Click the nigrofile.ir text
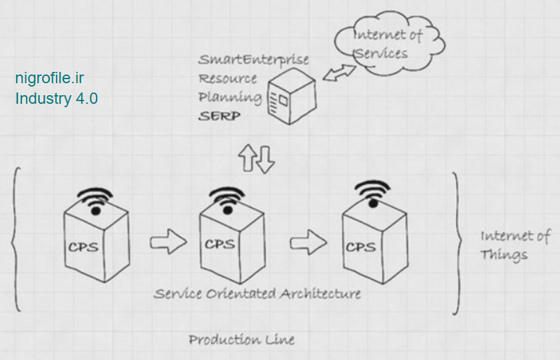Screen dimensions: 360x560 click(x=50, y=78)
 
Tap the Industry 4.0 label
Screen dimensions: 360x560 click(x=57, y=98)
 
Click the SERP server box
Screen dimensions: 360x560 click(x=290, y=98)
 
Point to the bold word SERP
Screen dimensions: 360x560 click(x=219, y=116)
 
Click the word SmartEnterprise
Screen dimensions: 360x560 click(x=253, y=60)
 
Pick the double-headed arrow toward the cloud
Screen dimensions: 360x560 click(x=340, y=73)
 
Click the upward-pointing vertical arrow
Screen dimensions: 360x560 click(x=249, y=158)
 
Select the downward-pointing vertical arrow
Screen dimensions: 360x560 click(x=266, y=160)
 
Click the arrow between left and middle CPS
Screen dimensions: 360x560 click(x=166, y=242)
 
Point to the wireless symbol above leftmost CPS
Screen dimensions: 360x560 click(x=96, y=198)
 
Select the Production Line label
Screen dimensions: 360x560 click(x=241, y=339)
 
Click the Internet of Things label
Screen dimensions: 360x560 click(x=514, y=245)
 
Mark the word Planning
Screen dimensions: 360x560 click(x=229, y=97)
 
